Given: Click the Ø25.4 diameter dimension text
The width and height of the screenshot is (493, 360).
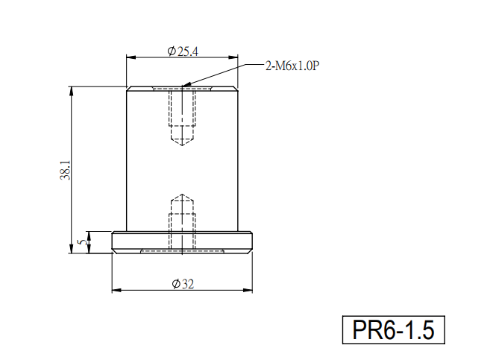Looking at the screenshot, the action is tap(183, 51).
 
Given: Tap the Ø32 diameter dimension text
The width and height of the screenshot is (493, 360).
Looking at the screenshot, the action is tap(183, 284).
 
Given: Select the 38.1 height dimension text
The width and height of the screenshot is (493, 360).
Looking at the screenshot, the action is tap(65, 170).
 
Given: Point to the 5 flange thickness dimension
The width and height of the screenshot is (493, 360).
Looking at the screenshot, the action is tap(82, 242).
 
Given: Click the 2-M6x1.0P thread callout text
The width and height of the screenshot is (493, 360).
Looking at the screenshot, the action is tap(292, 66).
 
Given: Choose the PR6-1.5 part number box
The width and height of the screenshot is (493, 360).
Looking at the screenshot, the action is tap(393, 330).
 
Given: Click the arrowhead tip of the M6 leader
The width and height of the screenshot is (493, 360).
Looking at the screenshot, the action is tap(183, 86).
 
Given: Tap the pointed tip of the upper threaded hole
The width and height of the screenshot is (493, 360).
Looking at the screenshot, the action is tap(182, 145).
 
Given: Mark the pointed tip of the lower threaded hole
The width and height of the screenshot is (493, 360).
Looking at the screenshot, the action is tap(182, 194).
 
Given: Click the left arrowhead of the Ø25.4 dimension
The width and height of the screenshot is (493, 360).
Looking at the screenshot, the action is tap(127, 57).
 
